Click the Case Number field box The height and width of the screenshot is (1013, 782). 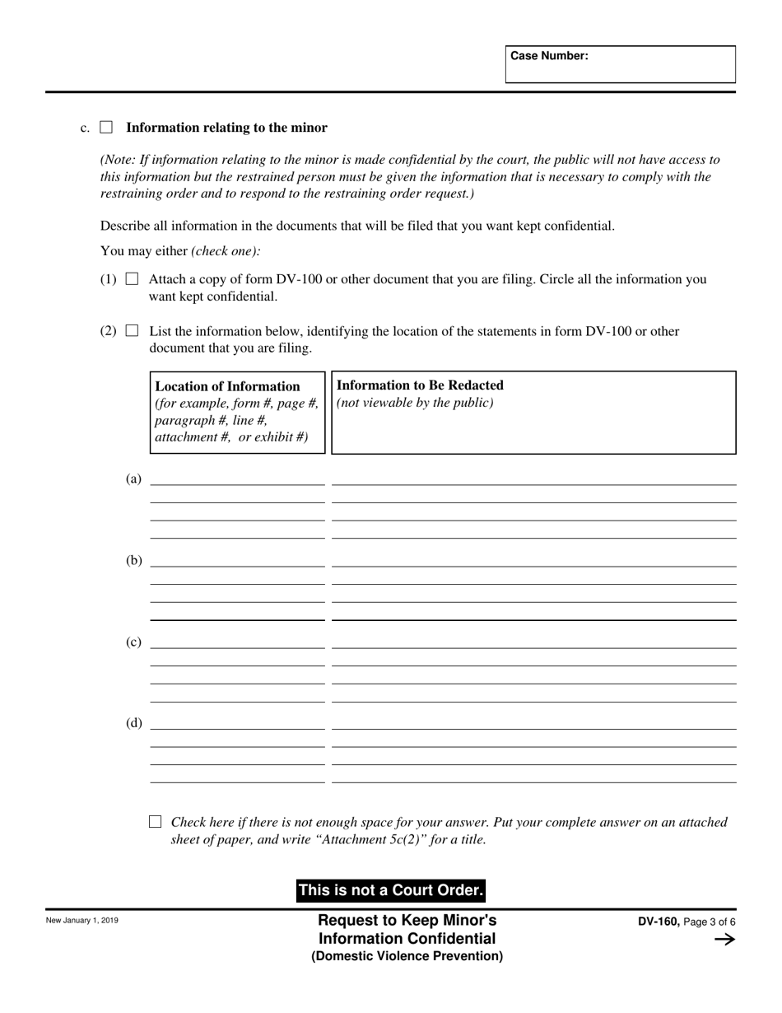tap(620, 64)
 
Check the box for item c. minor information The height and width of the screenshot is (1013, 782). tap(106, 128)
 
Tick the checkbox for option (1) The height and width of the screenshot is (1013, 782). tap(132, 279)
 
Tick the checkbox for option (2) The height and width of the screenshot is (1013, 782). tap(132, 331)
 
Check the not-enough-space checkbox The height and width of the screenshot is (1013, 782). tap(155, 821)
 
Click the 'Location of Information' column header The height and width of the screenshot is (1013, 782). tap(228, 386)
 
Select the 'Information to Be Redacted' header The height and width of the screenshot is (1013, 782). tap(421, 385)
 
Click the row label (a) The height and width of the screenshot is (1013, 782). tap(133, 478)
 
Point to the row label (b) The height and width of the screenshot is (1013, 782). tap(133, 560)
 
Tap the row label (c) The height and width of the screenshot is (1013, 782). tap(133, 642)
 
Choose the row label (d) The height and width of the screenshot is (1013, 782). tap(133, 723)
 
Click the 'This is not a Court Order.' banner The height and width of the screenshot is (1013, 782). tap(390, 890)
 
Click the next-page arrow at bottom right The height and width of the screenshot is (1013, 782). tap(724, 940)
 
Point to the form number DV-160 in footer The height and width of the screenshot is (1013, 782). tap(659, 922)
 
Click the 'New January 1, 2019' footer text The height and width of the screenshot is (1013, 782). tap(81, 921)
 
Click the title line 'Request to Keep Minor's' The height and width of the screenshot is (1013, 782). tap(407, 920)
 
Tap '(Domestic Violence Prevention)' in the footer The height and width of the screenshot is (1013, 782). tap(407, 956)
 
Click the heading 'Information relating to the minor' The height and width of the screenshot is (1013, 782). tap(226, 128)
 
